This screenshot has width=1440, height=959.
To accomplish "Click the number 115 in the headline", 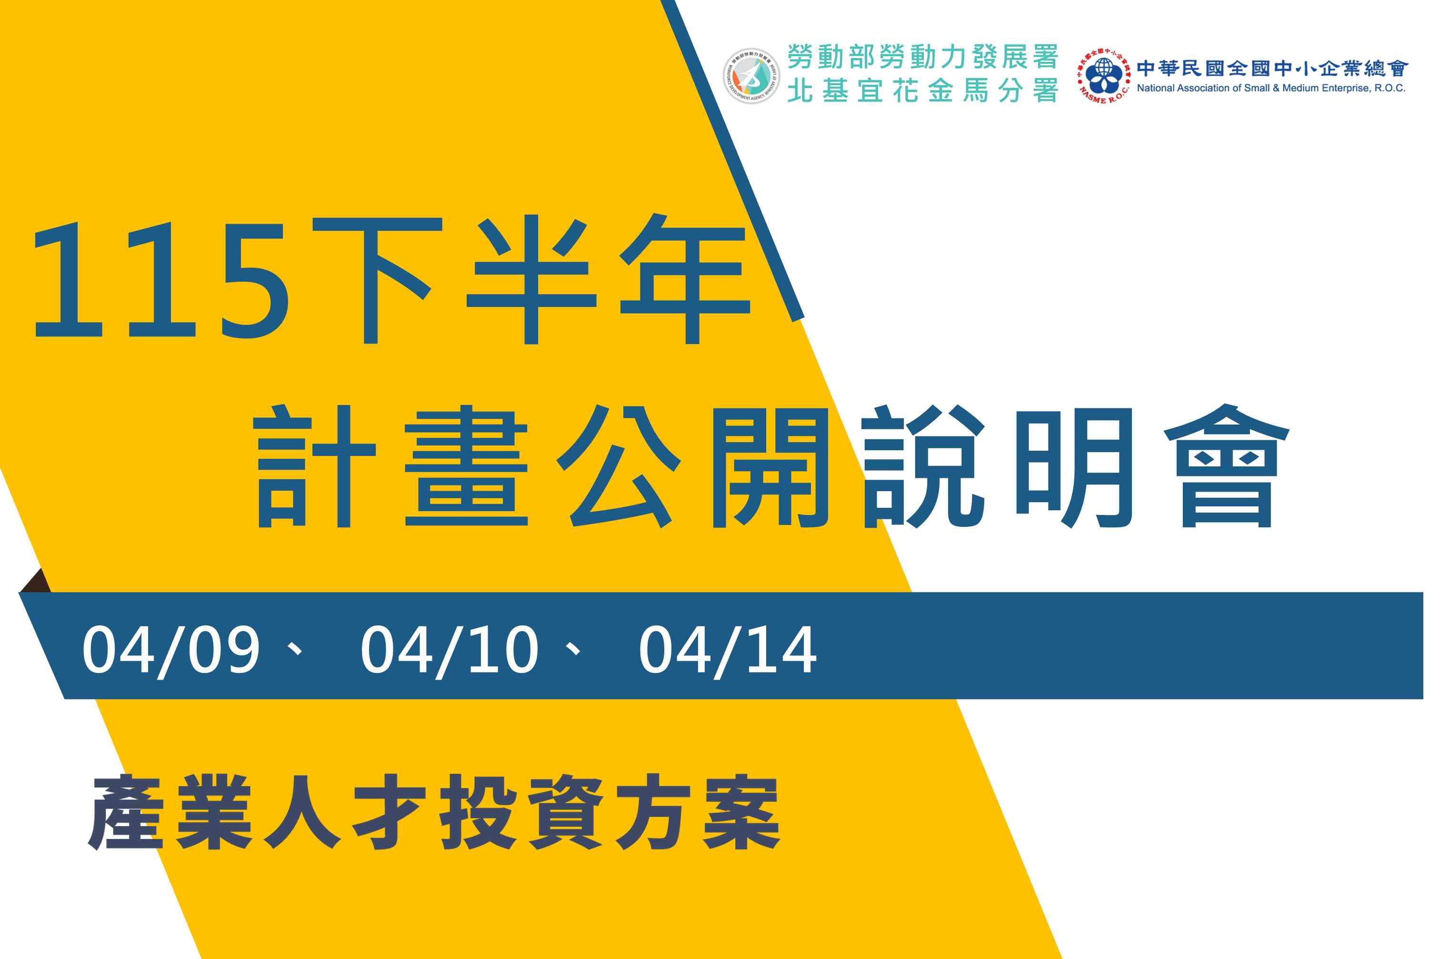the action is pyautogui.click(x=161, y=281).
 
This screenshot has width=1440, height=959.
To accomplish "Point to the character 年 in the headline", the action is pyautogui.click(x=685, y=278).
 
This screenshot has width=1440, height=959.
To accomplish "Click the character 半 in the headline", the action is pyautogui.click(x=531, y=279).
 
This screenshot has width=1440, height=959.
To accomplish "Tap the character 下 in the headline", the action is pyautogui.click(x=377, y=280).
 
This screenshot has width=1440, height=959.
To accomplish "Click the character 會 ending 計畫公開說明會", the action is pyautogui.click(x=1227, y=465).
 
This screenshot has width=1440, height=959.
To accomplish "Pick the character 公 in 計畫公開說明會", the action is pyautogui.click(x=618, y=466).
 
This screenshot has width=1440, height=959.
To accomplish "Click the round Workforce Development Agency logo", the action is pyautogui.click(x=751, y=76).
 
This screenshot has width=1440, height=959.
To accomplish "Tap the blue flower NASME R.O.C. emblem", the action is pyautogui.click(x=1103, y=76).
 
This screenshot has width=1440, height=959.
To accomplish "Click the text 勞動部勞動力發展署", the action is pyautogui.click(x=923, y=57).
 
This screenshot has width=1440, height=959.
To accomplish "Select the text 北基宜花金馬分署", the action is pyautogui.click(x=923, y=91).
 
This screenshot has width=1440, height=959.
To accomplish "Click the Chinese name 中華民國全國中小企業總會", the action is pyautogui.click(x=1273, y=68).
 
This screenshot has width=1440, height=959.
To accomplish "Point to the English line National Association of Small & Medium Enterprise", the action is pyautogui.click(x=1271, y=88).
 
